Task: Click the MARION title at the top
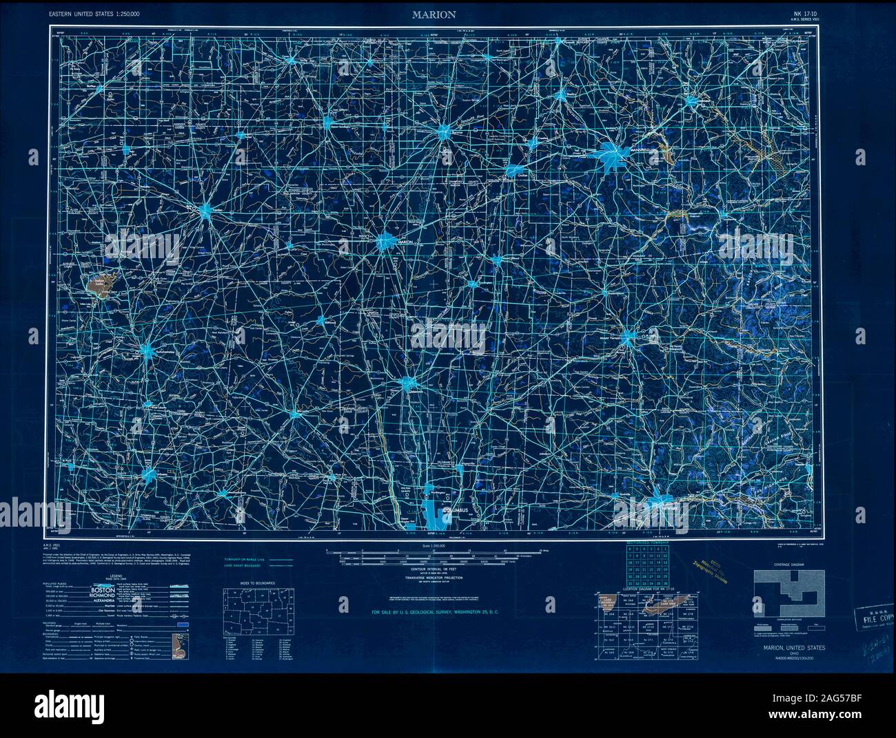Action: pyautogui.click(x=434, y=14)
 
